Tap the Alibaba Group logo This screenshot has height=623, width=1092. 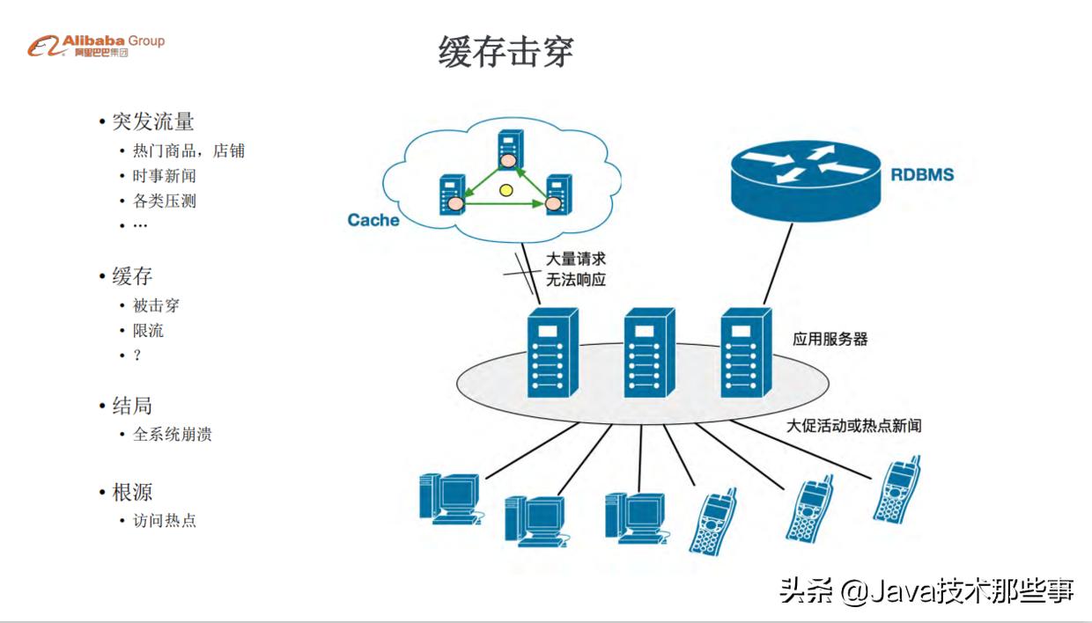[x=96, y=46]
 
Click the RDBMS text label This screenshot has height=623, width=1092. [x=921, y=174]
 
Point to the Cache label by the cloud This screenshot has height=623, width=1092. [x=373, y=220]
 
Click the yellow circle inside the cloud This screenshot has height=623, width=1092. [x=505, y=189]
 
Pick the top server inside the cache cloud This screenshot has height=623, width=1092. [x=507, y=150]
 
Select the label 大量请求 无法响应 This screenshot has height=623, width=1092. [x=576, y=269]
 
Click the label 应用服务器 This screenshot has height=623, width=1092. [x=830, y=339]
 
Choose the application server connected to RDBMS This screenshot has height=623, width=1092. [x=746, y=352]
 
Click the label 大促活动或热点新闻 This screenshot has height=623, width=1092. [x=853, y=426]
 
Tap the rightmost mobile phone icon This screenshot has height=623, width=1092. [x=897, y=489]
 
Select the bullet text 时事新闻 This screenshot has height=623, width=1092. [x=164, y=176]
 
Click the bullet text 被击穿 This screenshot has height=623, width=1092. [x=156, y=306]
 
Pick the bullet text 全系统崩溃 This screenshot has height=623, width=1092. [x=172, y=435]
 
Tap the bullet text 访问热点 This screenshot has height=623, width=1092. [x=164, y=521]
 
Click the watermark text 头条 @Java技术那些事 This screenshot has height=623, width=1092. [x=926, y=590]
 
